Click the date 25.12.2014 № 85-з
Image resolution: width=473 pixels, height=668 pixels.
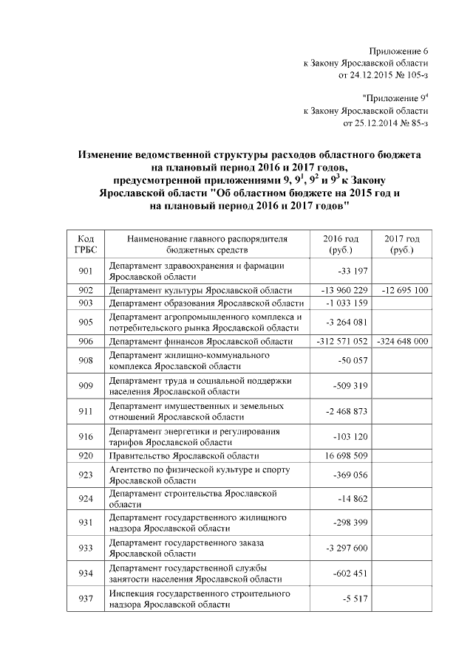[386, 123]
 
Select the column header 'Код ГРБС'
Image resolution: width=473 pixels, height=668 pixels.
[85, 244]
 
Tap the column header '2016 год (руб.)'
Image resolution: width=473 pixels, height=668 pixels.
[341, 244]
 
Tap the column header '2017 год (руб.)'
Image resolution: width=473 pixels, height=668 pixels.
[402, 244]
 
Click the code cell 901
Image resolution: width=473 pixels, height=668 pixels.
[85, 271]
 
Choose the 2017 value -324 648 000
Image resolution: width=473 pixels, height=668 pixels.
[402, 341]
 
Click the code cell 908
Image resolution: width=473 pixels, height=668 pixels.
[85, 359]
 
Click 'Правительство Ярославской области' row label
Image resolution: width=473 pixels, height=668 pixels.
[184, 456]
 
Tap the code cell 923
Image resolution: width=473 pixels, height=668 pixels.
[85, 475]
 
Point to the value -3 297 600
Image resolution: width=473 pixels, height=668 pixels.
[347, 548]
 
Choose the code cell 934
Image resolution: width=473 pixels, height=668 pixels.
[85, 574]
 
